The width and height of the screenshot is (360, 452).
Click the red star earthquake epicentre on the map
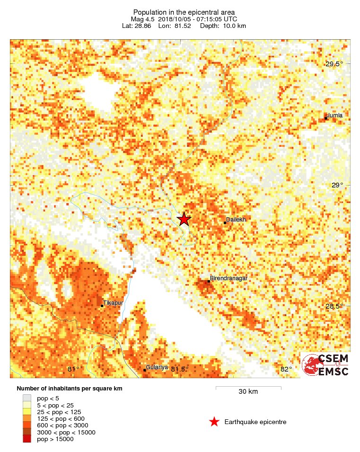pos(184,219)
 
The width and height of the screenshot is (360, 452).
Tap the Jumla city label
pos(334,115)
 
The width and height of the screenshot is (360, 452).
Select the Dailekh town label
pos(235,219)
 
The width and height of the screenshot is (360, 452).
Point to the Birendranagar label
pos(228,278)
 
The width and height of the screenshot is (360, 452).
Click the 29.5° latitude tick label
pos(334,64)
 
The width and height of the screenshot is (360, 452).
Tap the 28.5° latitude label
pos(334,306)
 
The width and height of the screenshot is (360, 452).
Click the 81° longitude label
pos(73,369)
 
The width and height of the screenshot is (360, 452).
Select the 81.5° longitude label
pos(180,369)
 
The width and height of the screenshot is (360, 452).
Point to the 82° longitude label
pos(286,369)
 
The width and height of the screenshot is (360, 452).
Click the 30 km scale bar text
pos(248,392)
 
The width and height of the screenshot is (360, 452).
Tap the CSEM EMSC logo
pos(325,364)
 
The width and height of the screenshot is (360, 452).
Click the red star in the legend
pos(214,422)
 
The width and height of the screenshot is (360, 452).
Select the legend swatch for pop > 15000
pos(27,439)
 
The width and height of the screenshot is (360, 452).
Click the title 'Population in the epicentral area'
pos(184,12)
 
